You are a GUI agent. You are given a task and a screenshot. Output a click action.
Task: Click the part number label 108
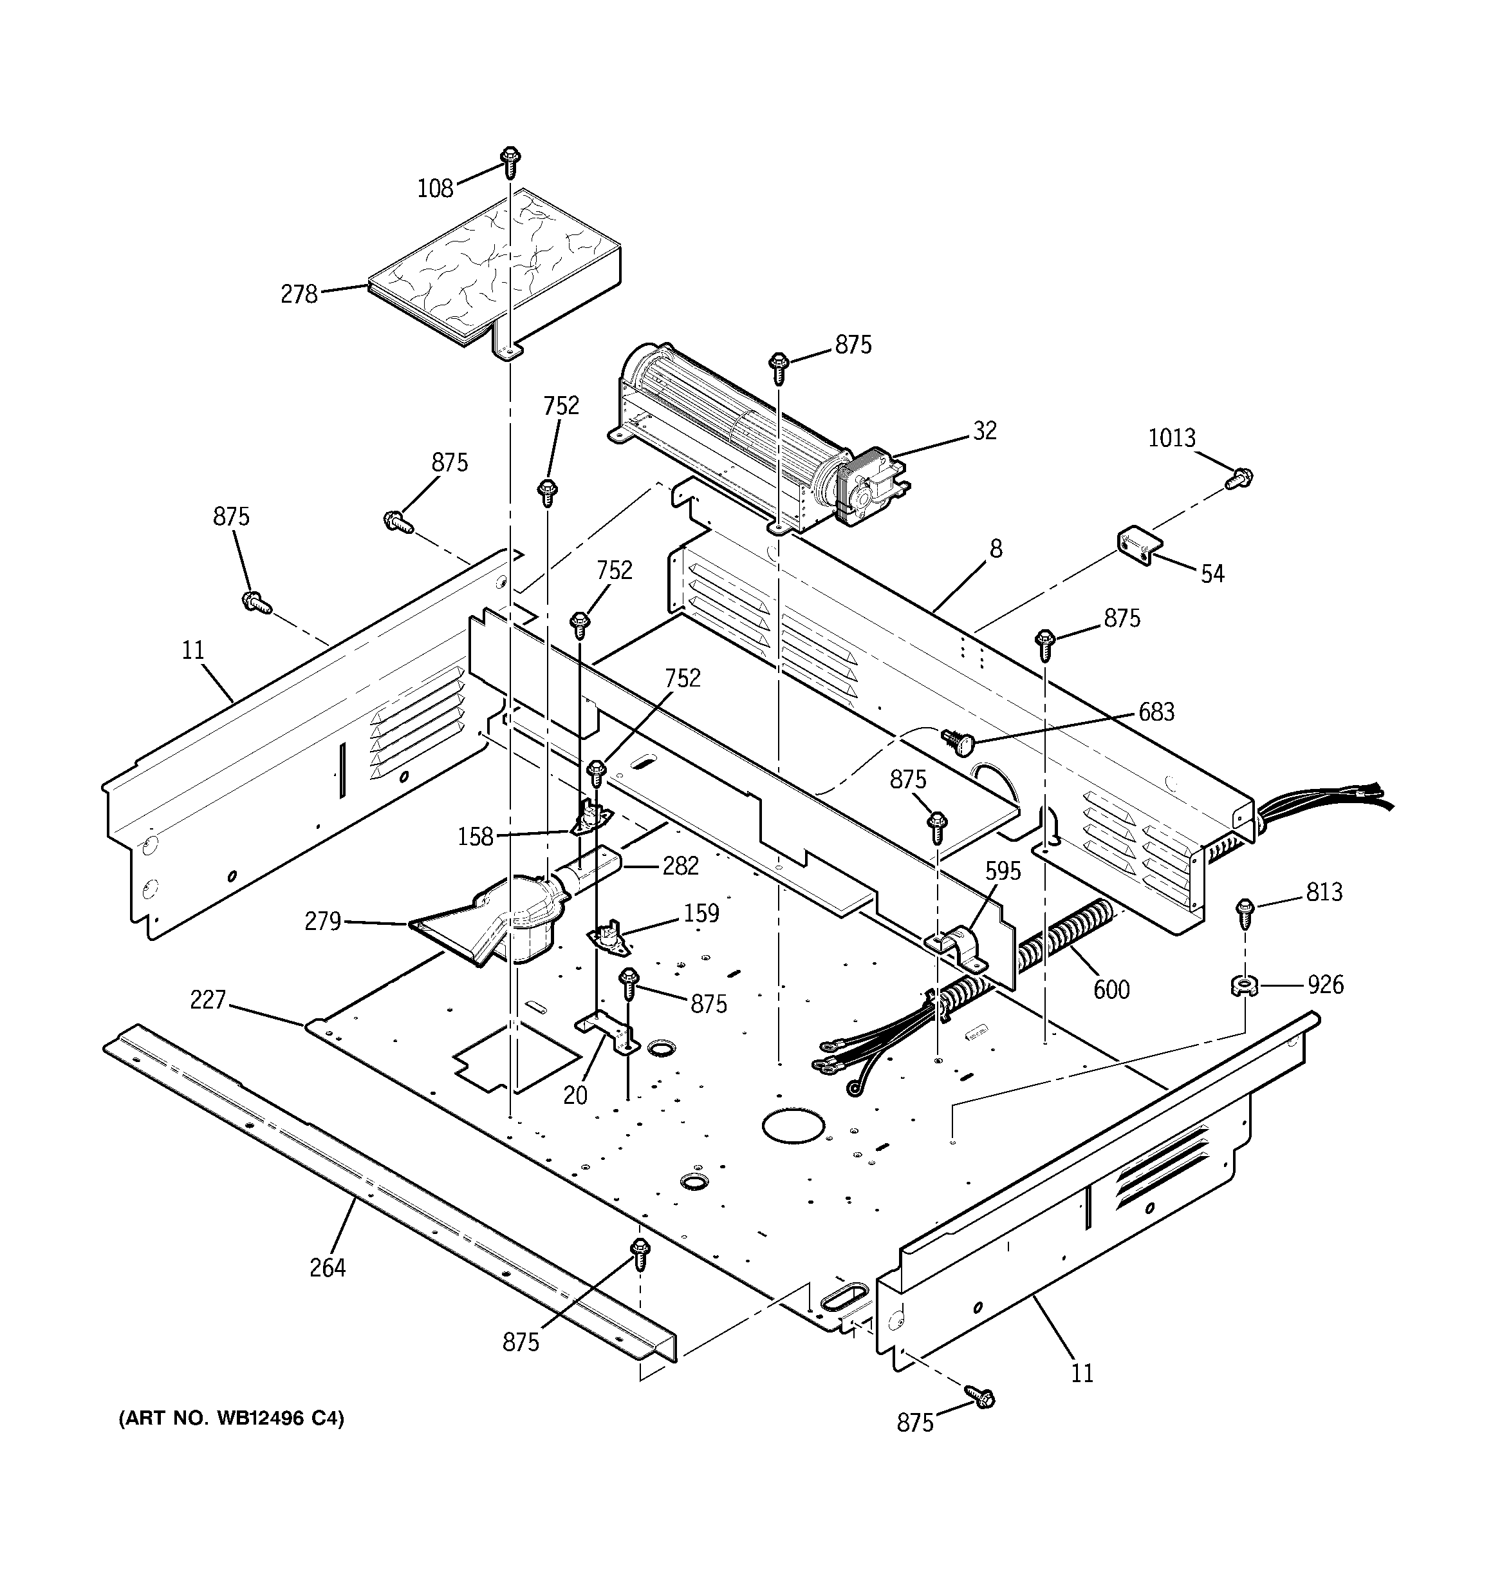pyautogui.click(x=435, y=189)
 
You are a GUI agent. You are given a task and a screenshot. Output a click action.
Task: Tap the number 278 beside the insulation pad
pyautogui.click(x=299, y=295)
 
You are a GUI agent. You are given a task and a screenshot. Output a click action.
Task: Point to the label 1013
pyautogui.click(x=1172, y=439)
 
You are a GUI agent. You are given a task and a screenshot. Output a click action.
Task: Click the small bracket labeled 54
pyautogui.click(x=1139, y=546)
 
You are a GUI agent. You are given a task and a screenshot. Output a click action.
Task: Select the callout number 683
pyautogui.click(x=1156, y=712)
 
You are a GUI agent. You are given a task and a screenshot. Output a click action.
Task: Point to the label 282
pyautogui.click(x=680, y=866)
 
